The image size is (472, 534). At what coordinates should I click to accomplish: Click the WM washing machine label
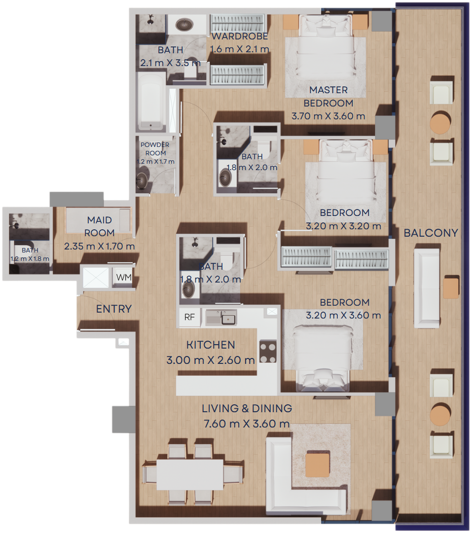pos(124,277)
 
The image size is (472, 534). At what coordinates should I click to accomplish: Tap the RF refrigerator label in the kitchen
pos(189,317)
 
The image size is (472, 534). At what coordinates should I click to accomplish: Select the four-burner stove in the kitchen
pos(268,352)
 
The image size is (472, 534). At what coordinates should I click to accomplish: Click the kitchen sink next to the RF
pos(221,318)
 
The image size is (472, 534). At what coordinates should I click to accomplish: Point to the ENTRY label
pos(114,309)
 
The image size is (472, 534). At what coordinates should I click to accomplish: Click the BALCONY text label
pos(431,233)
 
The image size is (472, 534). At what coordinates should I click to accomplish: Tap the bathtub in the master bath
pos(150,102)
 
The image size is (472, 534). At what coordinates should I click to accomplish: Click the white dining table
pos(190,475)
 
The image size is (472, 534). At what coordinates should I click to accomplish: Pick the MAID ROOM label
pos(100,226)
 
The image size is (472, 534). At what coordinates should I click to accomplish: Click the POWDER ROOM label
pos(155,149)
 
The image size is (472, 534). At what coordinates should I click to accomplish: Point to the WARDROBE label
pos(240,36)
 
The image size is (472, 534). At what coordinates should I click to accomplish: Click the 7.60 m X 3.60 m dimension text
pos(247,424)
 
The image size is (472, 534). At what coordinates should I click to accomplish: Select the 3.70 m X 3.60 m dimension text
pos(328,116)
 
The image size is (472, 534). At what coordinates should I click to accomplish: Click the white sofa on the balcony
pos(427,288)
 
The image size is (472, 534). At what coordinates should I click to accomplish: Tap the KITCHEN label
pos(211,345)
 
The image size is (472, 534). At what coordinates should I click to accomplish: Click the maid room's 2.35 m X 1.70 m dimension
pos(100,246)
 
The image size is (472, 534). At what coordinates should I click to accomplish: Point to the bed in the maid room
pos(98,221)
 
